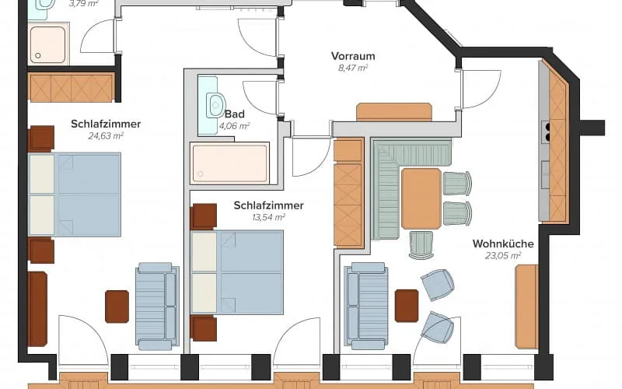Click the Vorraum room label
coord(353,56)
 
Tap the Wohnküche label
coord(503,244)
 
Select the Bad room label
coord(235,114)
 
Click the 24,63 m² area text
coord(106,136)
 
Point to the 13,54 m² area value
coord(268,217)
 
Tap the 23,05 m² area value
coord(503,256)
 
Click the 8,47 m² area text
coord(353,68)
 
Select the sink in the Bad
coord(216,105)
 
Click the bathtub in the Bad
coord(229,163)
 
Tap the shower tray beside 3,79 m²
coord(47,44)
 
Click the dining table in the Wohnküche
coord(421,198)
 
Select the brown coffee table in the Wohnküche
coord(407,306)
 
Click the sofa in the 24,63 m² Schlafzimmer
coord(158,306)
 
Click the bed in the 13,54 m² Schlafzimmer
coord(237,272)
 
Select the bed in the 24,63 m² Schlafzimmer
coord(75,194)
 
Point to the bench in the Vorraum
coord(394,112)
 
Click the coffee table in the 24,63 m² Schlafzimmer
coord(117,307)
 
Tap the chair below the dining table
coord(421,245)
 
